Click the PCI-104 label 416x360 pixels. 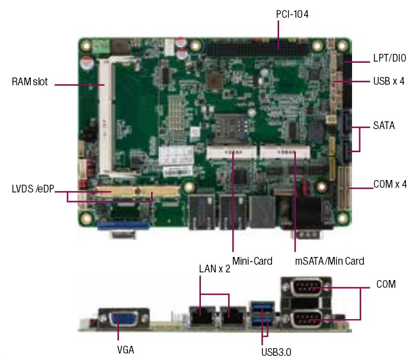(x=292, y=14)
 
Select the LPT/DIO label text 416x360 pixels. (x=389, y=58)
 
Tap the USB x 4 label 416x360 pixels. (x=389, y=81)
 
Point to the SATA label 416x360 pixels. (x=384, y=126)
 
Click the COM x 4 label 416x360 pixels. (x=390, y=184)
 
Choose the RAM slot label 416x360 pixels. (x=30, y=82)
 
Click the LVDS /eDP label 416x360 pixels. (x=33, y=189)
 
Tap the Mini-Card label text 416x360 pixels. (x=252, y=261)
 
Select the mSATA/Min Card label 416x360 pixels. (x=329, y=261)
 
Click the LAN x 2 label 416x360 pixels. (x=215, y=269)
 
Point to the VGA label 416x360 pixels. (x=126, y=350)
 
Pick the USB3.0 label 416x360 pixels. (x=276, y=352)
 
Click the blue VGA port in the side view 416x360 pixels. (x=123, y=319)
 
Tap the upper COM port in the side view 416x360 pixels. (x=307, y=287)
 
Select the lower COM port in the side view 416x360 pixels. (x=307, y=319)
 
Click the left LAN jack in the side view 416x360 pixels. (x=203, y=316)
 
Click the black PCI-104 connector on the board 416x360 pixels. (x=257, y=50)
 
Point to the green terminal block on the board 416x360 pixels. (x=101, y=46)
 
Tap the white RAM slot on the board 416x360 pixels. (x=105, y=116)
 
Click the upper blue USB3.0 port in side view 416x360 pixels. (x=262, y=307)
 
